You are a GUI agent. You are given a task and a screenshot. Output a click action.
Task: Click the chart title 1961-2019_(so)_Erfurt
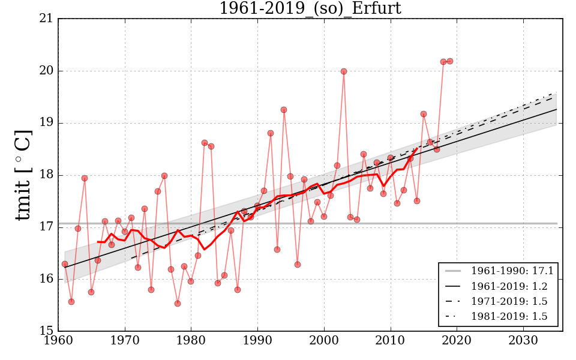310,8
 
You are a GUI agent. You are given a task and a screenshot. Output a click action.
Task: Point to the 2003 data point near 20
344,71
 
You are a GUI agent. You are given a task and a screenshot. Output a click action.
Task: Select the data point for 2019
450,61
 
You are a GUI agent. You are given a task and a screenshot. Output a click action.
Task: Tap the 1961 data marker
65,264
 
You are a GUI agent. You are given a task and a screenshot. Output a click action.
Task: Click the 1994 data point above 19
284,110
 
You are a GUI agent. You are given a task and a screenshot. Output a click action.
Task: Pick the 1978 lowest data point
178,304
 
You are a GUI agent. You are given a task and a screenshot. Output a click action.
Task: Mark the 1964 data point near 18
85,178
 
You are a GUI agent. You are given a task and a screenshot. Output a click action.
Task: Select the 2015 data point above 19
424,114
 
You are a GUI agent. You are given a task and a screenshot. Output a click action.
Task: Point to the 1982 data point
205,143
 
